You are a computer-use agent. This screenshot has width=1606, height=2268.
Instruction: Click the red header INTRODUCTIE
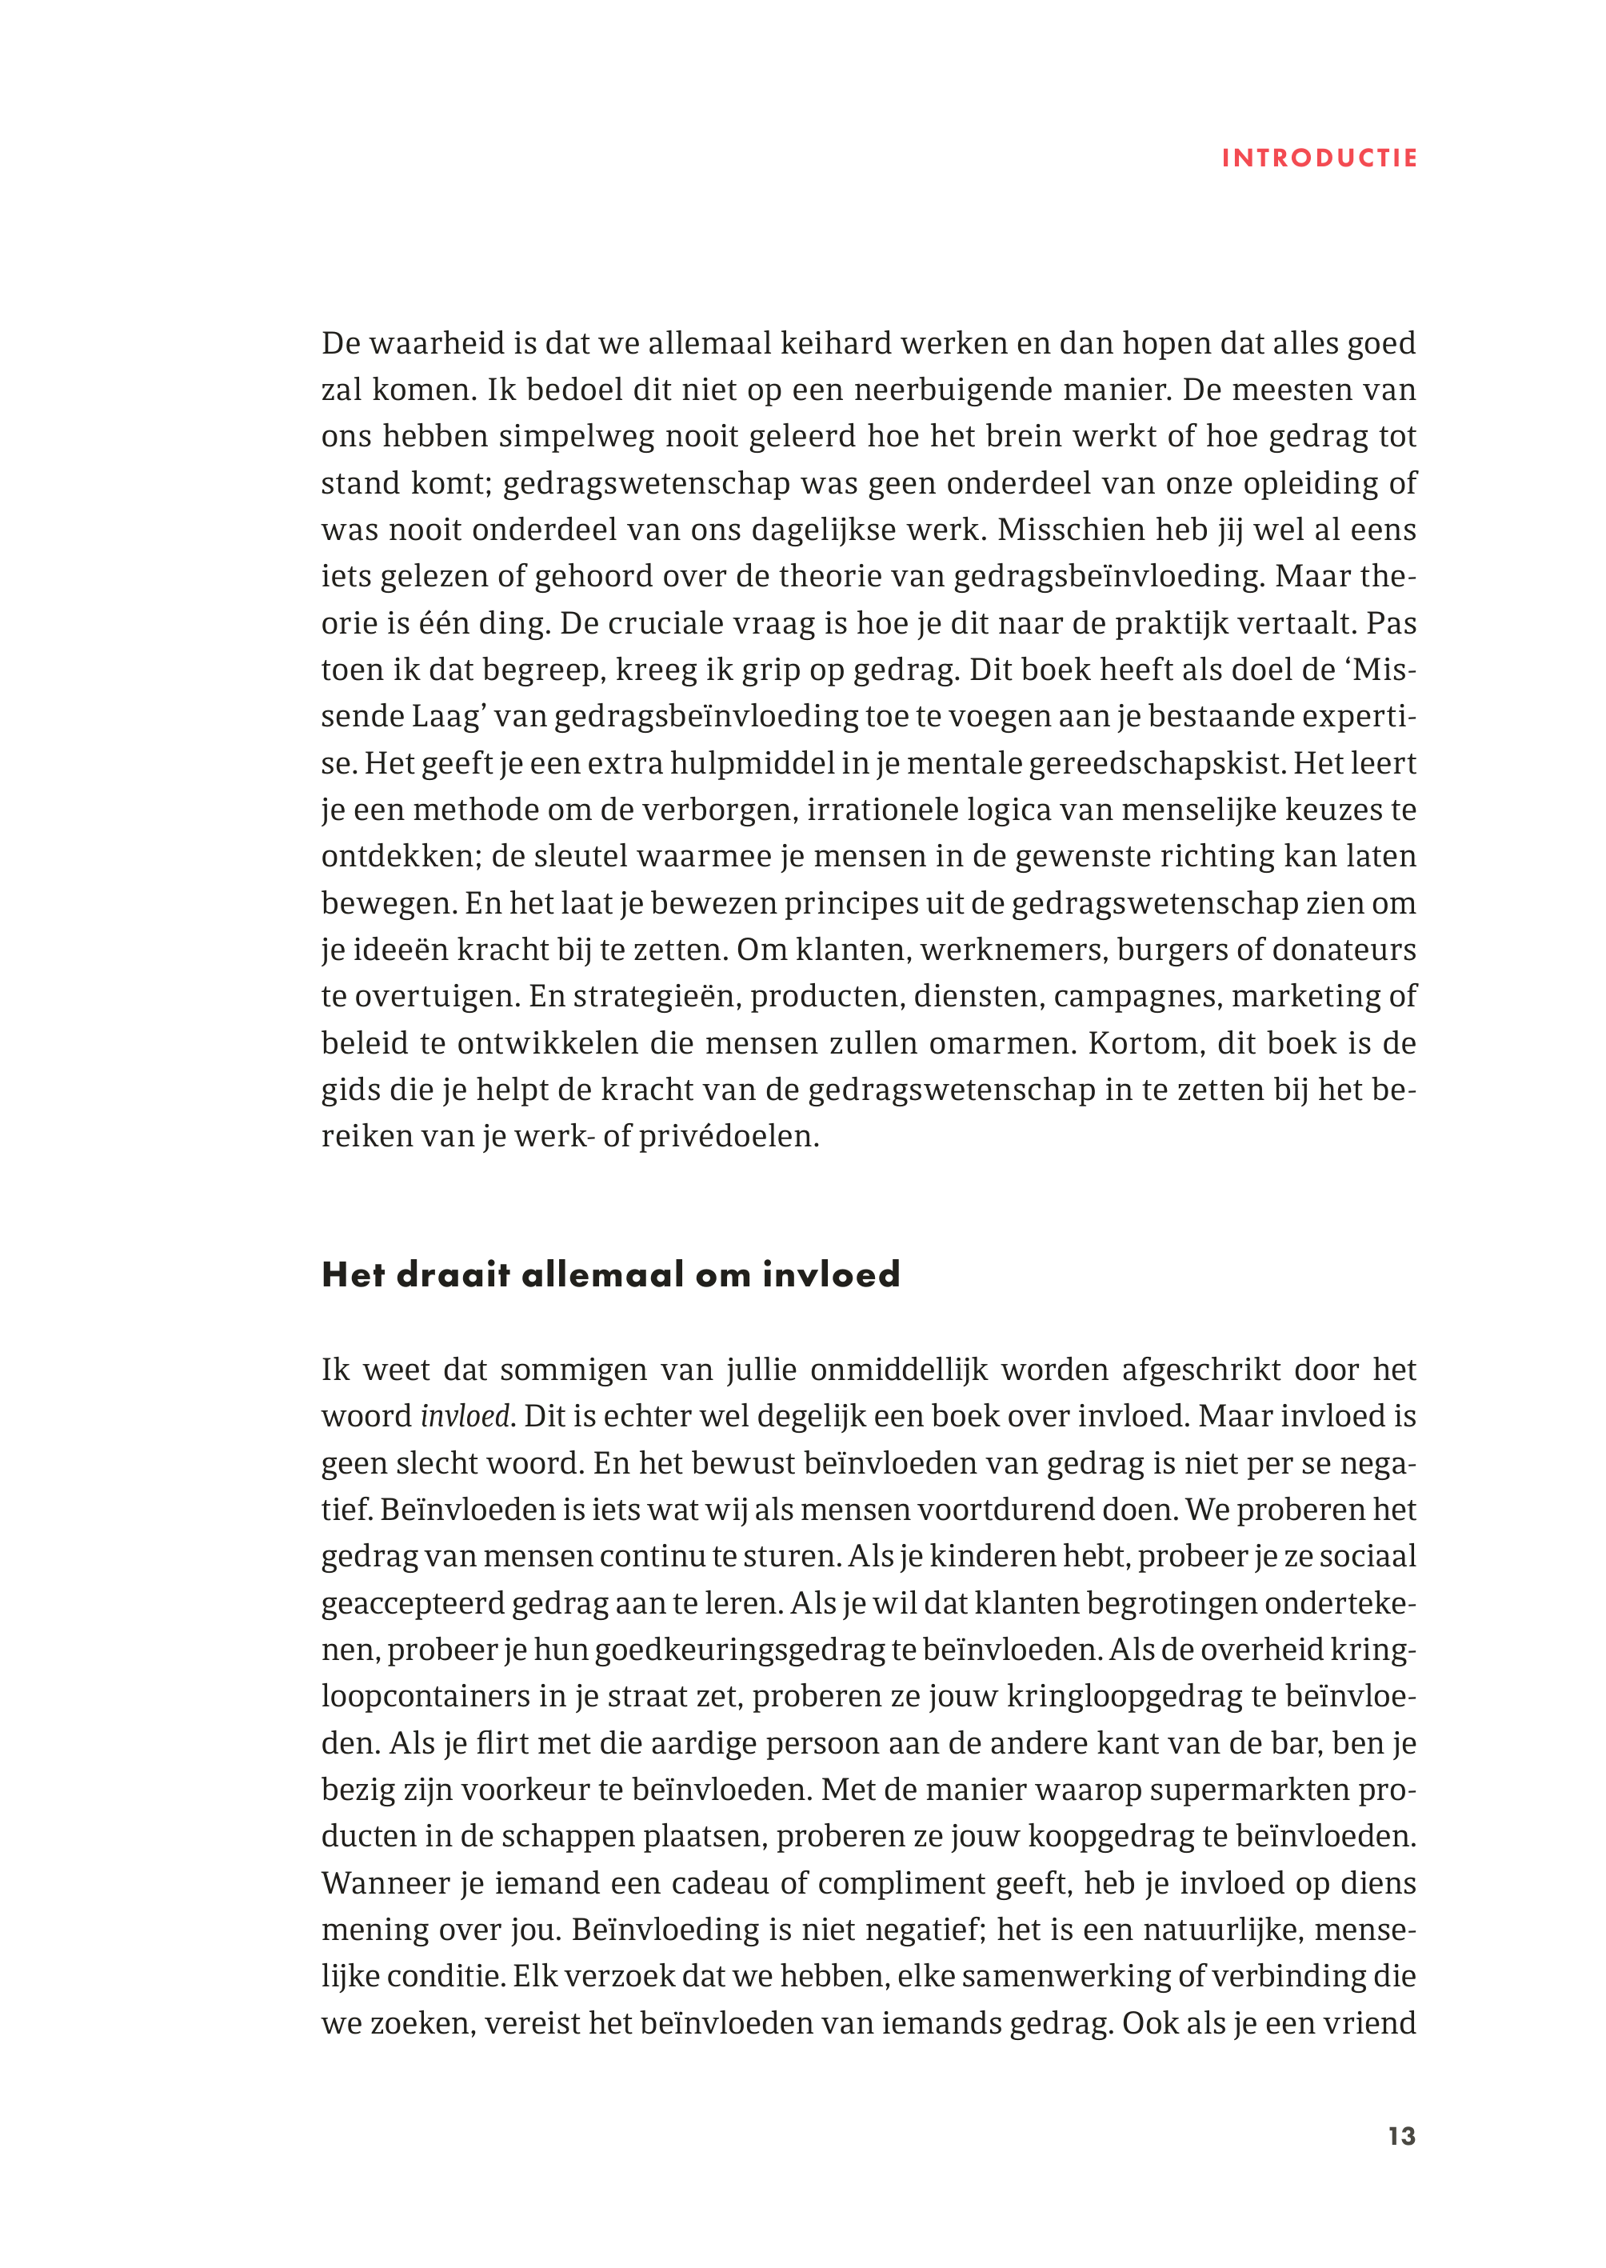[1319, 158]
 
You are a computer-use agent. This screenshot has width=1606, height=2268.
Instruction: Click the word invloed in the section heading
[831, 1275]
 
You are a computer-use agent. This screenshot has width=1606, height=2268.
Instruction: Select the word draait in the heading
[453, 1275]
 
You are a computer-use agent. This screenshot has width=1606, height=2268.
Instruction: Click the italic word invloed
[464, 1416]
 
